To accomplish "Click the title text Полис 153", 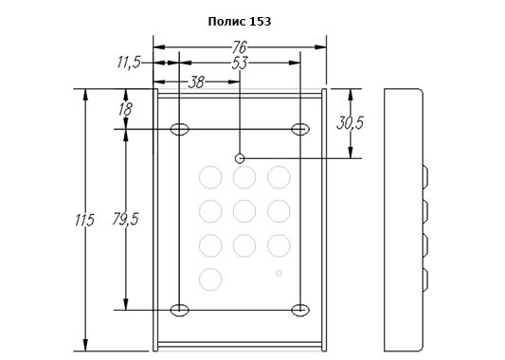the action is click(240, 22).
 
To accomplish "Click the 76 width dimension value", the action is click(240, 47).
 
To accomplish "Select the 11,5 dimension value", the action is click(129, 63).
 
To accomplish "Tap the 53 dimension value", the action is click(240, 63).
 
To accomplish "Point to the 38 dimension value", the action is click(196, 82).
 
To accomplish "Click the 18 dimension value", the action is click(125, 109).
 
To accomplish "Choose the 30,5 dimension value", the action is click(350, 123).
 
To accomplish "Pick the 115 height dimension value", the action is click(84, 220).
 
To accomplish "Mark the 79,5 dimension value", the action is click(125, 219).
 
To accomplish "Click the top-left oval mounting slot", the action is click(179, 129).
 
